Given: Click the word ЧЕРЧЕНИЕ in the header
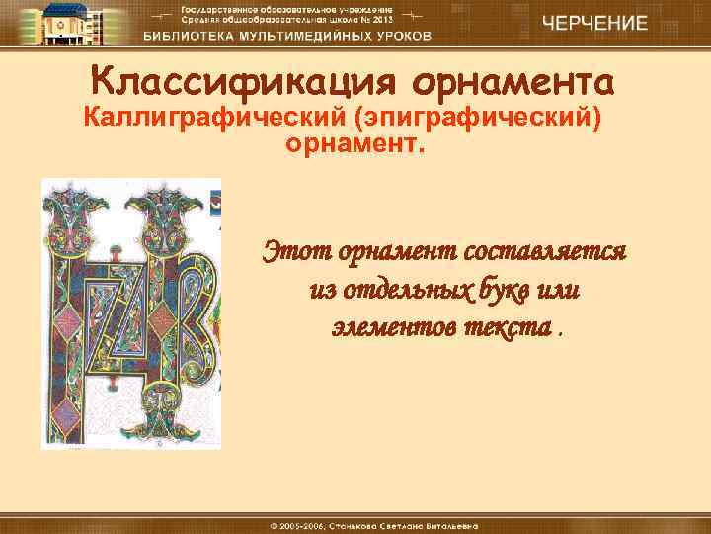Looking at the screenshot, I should tap(594, 23).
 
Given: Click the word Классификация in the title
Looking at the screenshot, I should tap(232, 79).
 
